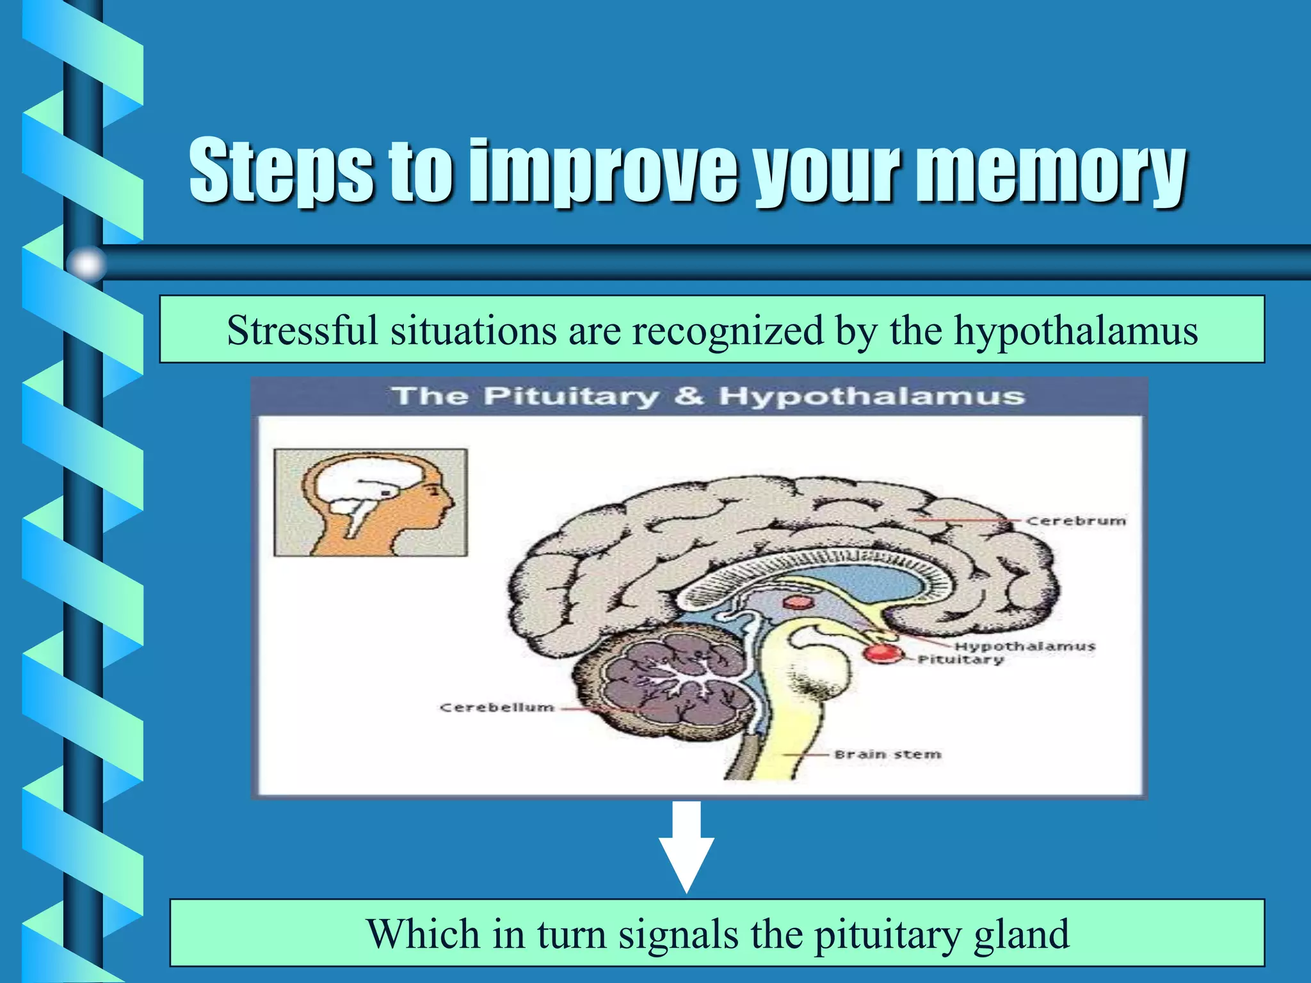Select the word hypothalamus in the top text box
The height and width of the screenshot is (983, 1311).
[1075, 332]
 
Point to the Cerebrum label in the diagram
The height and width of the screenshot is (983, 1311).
[1075, 521]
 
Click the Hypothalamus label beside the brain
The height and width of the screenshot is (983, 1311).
[1025, 646]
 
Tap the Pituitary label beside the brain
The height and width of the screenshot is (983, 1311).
[960, 660]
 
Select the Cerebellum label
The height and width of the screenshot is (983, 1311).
[497, 708]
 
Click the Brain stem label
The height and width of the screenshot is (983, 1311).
[887, 755]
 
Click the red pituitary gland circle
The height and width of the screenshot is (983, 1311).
[882, 653]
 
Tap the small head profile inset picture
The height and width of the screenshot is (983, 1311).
[371, 502]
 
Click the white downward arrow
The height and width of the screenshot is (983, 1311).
[686, 848]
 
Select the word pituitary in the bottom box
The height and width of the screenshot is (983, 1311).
[887, 934]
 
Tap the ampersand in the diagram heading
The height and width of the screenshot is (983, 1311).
[688, 396]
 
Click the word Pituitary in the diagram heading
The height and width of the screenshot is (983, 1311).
[571, 396]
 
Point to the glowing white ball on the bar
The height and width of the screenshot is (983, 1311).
[86, 264]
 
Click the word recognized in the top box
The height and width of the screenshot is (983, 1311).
[728, 332]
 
